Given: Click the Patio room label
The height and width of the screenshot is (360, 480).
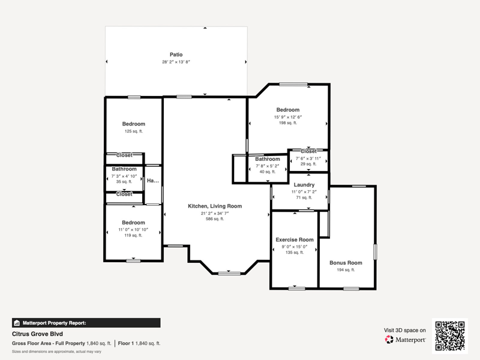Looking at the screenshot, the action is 176,55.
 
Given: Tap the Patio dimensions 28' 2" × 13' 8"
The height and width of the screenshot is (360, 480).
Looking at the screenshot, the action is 176,62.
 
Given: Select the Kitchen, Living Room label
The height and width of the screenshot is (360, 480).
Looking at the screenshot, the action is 215,206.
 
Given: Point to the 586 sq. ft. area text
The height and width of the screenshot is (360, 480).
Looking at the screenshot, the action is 215,219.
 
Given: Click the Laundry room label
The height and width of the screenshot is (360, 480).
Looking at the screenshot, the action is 304,185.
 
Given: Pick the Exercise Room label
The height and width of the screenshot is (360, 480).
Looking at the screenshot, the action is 295,239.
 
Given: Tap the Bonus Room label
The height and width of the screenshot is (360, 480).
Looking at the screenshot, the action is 346,263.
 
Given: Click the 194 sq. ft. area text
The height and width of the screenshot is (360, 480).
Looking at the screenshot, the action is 346,269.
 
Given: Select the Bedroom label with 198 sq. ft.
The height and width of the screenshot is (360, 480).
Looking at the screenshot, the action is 288,110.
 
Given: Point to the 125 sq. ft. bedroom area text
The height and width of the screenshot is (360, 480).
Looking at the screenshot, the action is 133,131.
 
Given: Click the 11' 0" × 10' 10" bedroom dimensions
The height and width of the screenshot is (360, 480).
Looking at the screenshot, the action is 133,230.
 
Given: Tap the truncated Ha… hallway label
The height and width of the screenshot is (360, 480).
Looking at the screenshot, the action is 153,181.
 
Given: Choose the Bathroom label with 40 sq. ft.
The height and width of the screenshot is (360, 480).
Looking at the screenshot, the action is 268,159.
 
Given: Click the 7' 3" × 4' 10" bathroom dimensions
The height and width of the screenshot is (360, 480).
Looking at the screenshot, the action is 124,176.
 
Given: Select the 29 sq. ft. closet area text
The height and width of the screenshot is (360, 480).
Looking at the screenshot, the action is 308,164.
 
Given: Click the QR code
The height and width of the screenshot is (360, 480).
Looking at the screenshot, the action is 449,336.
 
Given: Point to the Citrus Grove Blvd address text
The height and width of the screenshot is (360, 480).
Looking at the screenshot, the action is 37,334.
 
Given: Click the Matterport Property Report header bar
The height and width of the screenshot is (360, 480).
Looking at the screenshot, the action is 86,323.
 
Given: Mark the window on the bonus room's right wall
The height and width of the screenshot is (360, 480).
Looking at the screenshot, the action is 375,252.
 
